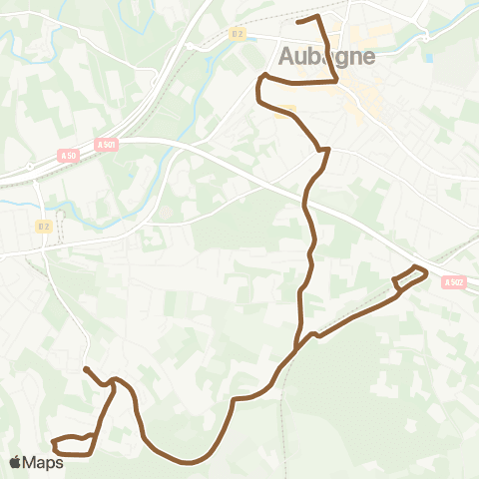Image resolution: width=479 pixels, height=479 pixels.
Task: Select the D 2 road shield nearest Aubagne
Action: pyautogui.click(x=238, y=33)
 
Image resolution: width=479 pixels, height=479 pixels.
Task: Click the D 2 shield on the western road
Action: pyautogui.click(x=43, y=227)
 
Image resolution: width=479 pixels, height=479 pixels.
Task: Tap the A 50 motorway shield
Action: pyautogui.click(x=68, y=155)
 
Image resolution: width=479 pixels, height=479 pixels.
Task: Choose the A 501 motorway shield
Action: pyautogui.click(x=107, y=144)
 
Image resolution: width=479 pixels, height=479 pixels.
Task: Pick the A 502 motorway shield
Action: pyautogui.click(x=455, y=281)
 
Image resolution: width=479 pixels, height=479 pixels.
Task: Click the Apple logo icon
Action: pyautogui.click(x=15, y=462)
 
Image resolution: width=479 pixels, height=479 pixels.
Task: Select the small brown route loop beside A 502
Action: pyautogui.click(x=410, y=278)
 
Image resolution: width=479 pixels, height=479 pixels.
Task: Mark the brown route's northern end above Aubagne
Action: pyautogui.click(x=298, y=21)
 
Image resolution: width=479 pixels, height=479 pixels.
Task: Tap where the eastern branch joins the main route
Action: pyautogui.click(x=297, y=347)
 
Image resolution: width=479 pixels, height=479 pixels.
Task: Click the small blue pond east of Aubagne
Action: pyautogui.click(x=428, y=58)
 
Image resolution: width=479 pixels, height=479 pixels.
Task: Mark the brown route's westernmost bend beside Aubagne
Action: pyautogui.click(x=258, y=92)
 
